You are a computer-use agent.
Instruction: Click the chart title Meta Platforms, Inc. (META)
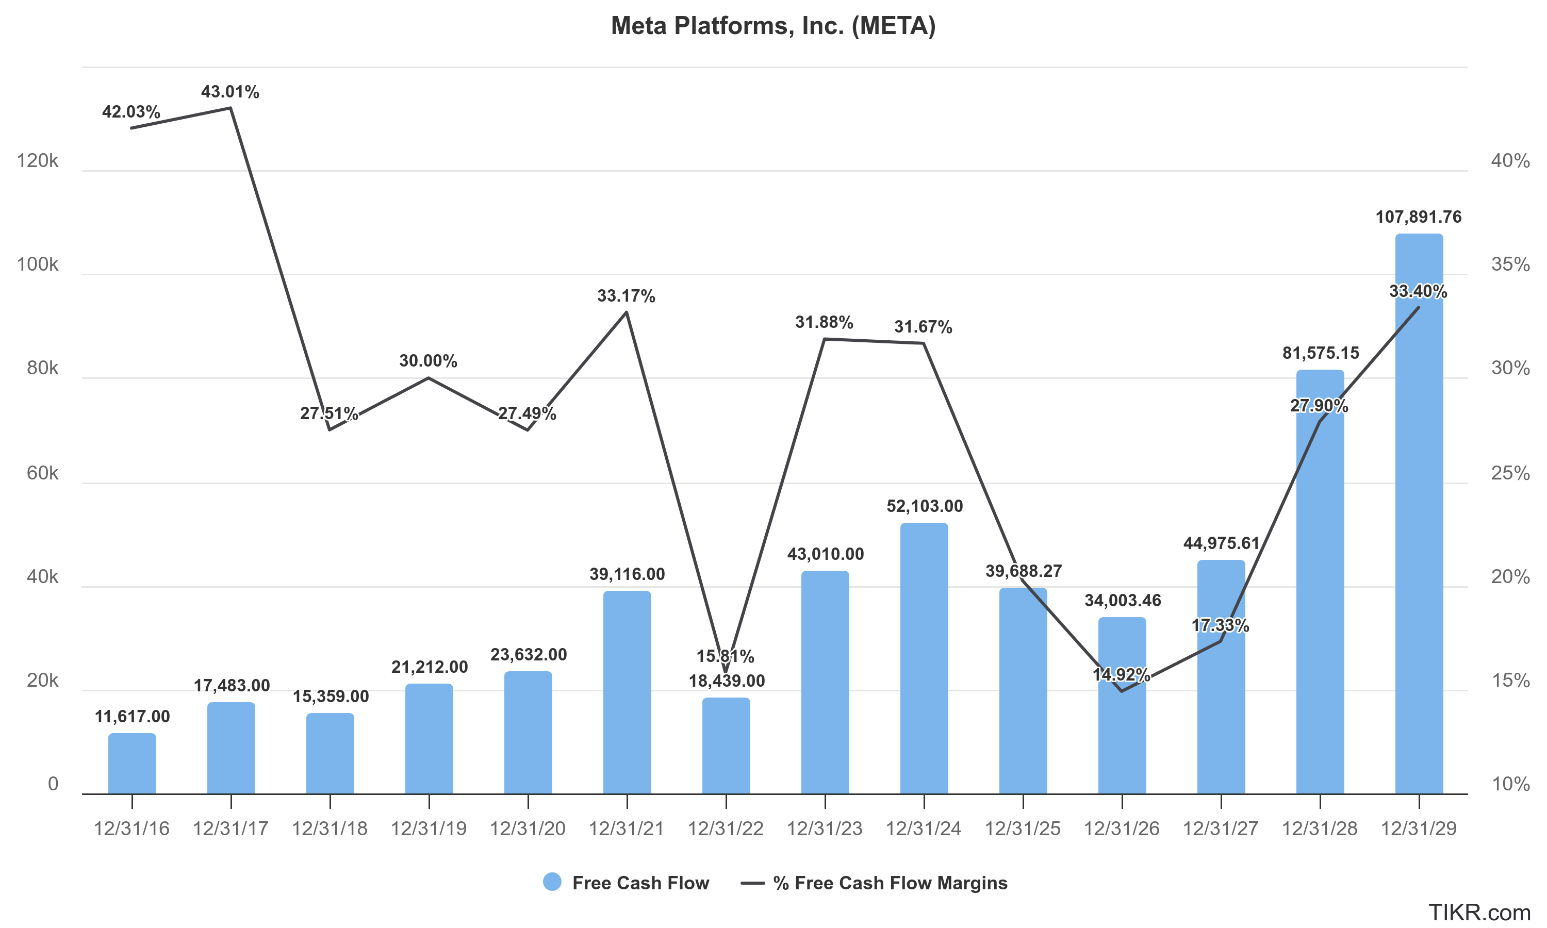click(773, 26)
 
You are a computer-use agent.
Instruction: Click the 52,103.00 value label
click(924, 506)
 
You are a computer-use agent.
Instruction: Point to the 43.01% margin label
click(230, 92)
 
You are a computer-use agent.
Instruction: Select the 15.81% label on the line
click(726, 656)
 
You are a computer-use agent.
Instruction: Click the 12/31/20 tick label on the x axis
click(527, 828)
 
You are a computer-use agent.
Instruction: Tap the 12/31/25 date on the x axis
click(1023, 828)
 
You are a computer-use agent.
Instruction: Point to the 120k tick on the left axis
click(38, 161)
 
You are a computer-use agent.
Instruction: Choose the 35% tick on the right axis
click(1510, 264)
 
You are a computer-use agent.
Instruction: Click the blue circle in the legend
click(552, 882)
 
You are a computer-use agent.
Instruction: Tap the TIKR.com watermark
click(1479, 913)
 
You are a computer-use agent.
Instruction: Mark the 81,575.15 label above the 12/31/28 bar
click(1321, 353)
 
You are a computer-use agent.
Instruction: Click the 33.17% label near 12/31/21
click(626, 296)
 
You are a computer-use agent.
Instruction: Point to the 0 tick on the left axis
click(53, 784)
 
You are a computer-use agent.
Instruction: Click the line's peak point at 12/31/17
click(231, 108)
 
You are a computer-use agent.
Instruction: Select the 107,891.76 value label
click(1418, 217)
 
